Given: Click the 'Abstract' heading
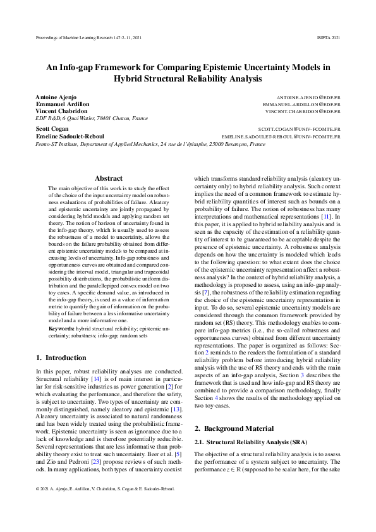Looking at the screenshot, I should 108,179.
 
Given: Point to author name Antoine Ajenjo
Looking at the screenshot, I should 56,96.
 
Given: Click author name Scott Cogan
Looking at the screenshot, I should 52,129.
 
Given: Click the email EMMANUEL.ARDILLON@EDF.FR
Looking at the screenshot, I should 301,104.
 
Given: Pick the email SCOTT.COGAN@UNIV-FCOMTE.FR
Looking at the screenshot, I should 299,129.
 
